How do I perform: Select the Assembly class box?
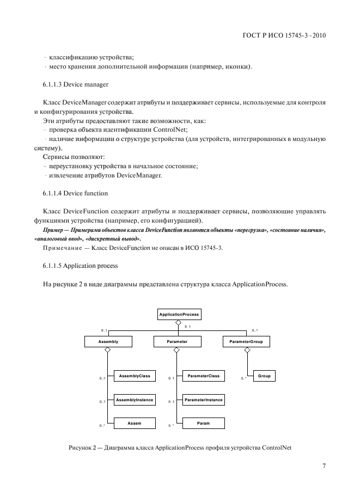108,341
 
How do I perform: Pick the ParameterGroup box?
247,341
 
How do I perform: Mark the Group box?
264,376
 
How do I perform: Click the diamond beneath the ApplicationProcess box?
178,323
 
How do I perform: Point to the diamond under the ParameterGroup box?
247,351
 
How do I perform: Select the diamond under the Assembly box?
108,351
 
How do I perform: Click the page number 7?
324,466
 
